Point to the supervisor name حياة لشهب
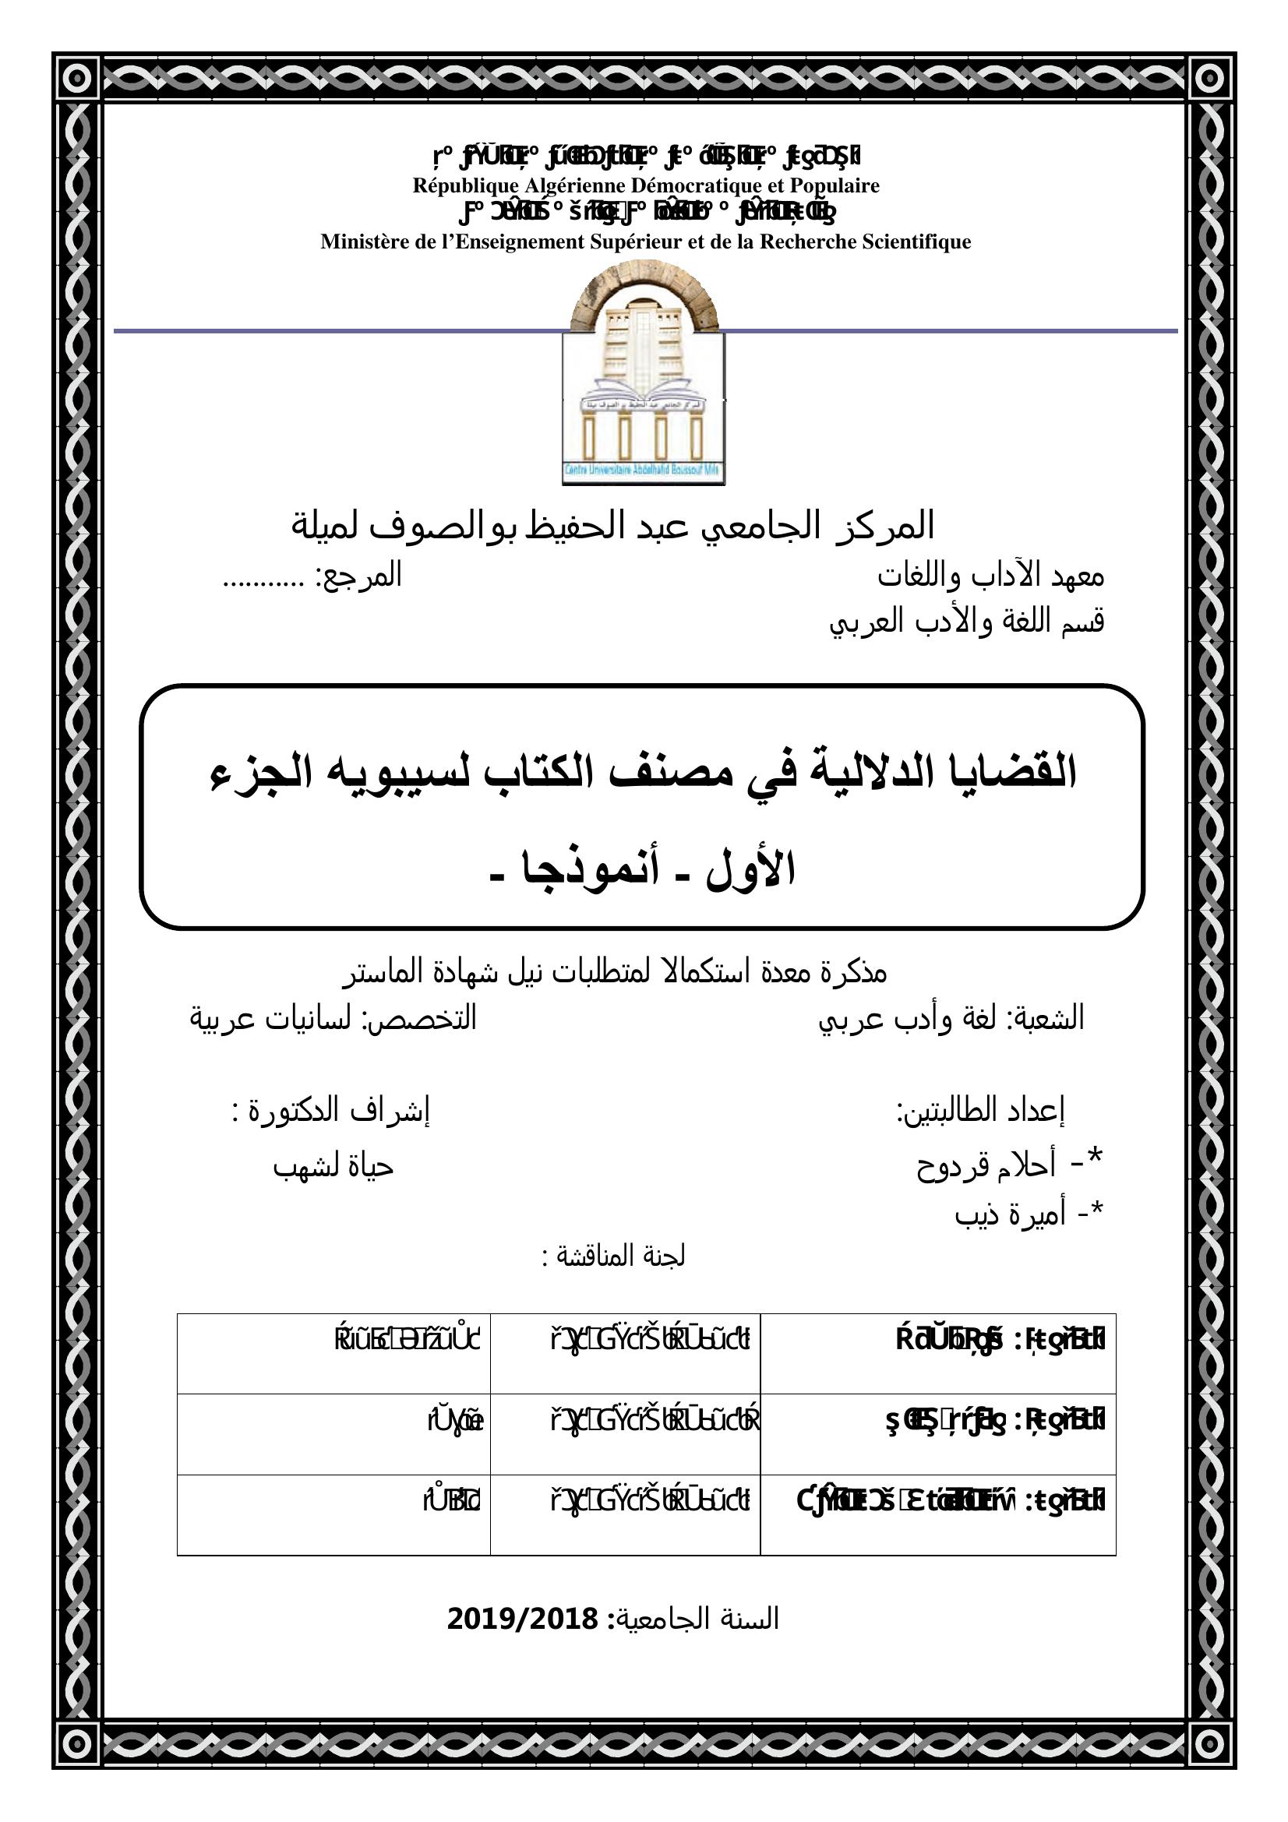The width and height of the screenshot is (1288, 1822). click(333, 1166)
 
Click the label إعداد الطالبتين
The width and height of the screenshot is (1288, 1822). click(980, 1112)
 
